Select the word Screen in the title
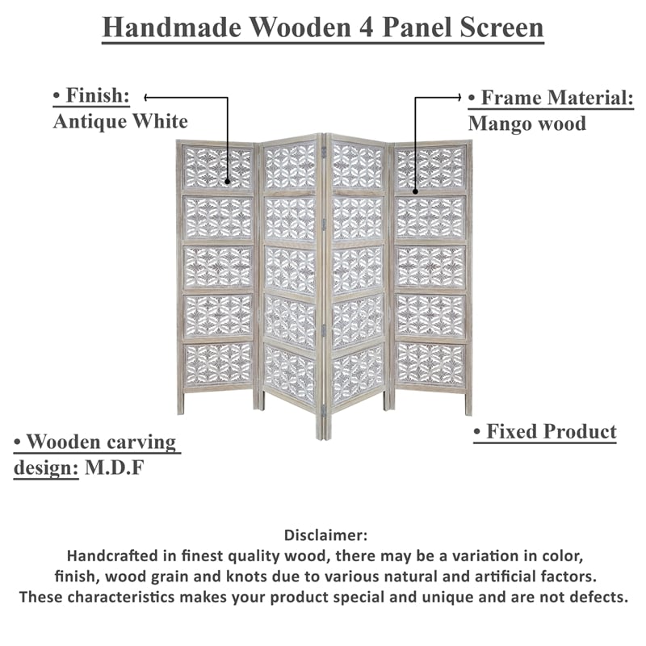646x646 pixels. pyautogui.click(x=504, y=27)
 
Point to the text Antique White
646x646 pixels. pyautogui.click(x=120, y=121)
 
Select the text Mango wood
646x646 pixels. pyautogui.click(x=526, y=124)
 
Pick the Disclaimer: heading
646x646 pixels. pyautogui.click(x=325, y=535)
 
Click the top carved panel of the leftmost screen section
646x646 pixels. pyautogui.click(x=217, y=168)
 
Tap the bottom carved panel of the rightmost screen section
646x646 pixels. pyautogui.click(x=430, y=363)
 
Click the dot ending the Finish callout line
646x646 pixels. pyautogui.click(x=228, y=183)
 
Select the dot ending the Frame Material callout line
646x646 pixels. pyautogui.click(x=415, y=191)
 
